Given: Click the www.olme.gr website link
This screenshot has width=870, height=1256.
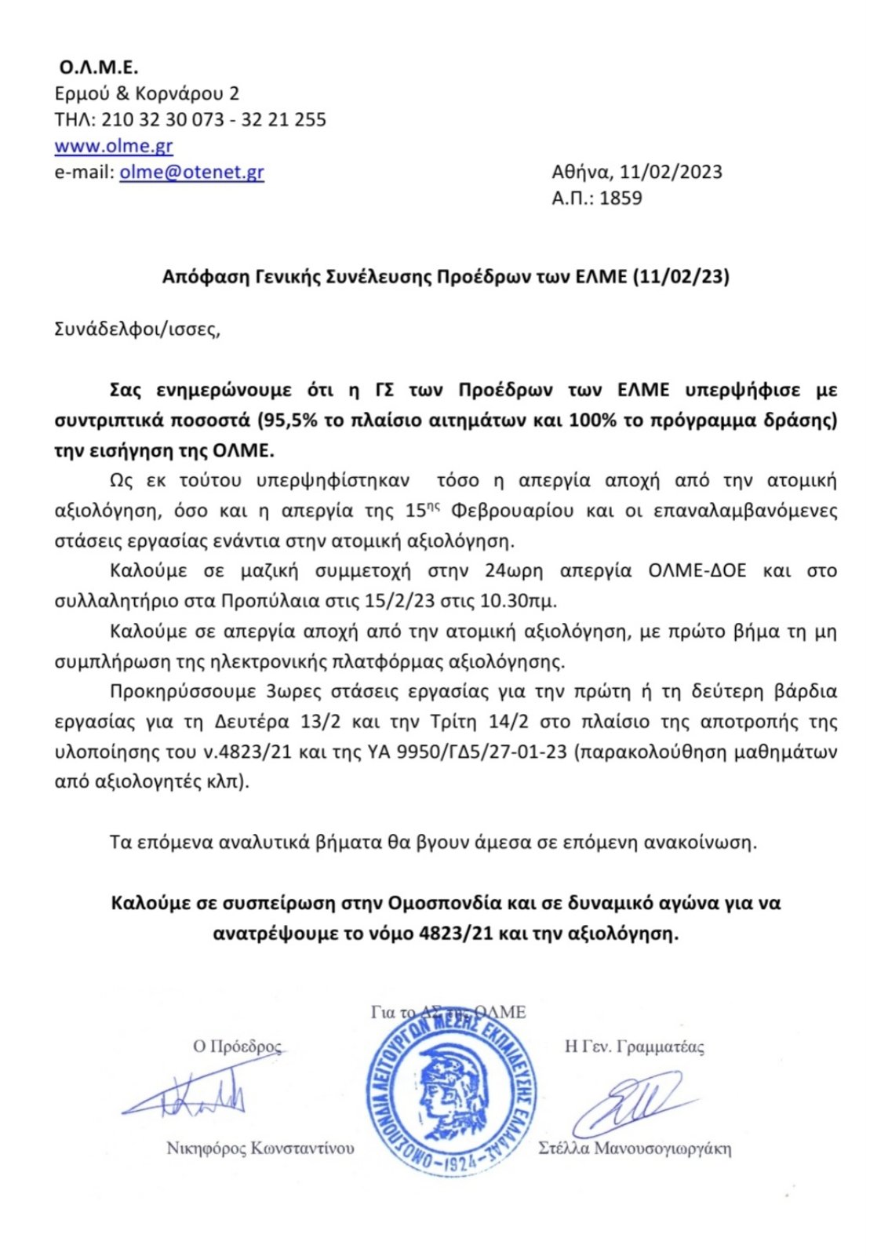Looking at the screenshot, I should click(x=114, y=147).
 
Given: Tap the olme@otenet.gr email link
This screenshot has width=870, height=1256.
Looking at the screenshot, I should click(x=191, y=173).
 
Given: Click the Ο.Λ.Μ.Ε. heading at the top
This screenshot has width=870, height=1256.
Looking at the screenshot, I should click(x=99, y=68).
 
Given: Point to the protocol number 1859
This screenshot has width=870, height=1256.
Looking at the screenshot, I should click(x=621, y=198).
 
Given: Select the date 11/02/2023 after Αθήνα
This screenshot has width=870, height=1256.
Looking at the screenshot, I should click(x=671, y=173).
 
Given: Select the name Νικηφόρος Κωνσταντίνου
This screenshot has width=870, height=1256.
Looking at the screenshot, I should click(x=260, y=1149).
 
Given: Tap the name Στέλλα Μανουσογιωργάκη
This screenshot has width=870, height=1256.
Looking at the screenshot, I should click(x=635, y=1149).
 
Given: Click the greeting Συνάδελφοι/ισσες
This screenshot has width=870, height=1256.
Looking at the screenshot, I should click(x=137, y=329).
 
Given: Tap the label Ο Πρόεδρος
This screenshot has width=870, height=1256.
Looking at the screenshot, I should click(x=237, y=1047).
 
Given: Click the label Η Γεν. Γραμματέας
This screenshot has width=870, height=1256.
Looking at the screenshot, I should click(x=635, y=1047).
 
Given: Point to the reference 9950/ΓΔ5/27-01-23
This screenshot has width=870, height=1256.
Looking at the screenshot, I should click(x=482, y=752).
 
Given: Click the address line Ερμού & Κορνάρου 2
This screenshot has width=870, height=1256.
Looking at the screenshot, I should click(x=147, y=94).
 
